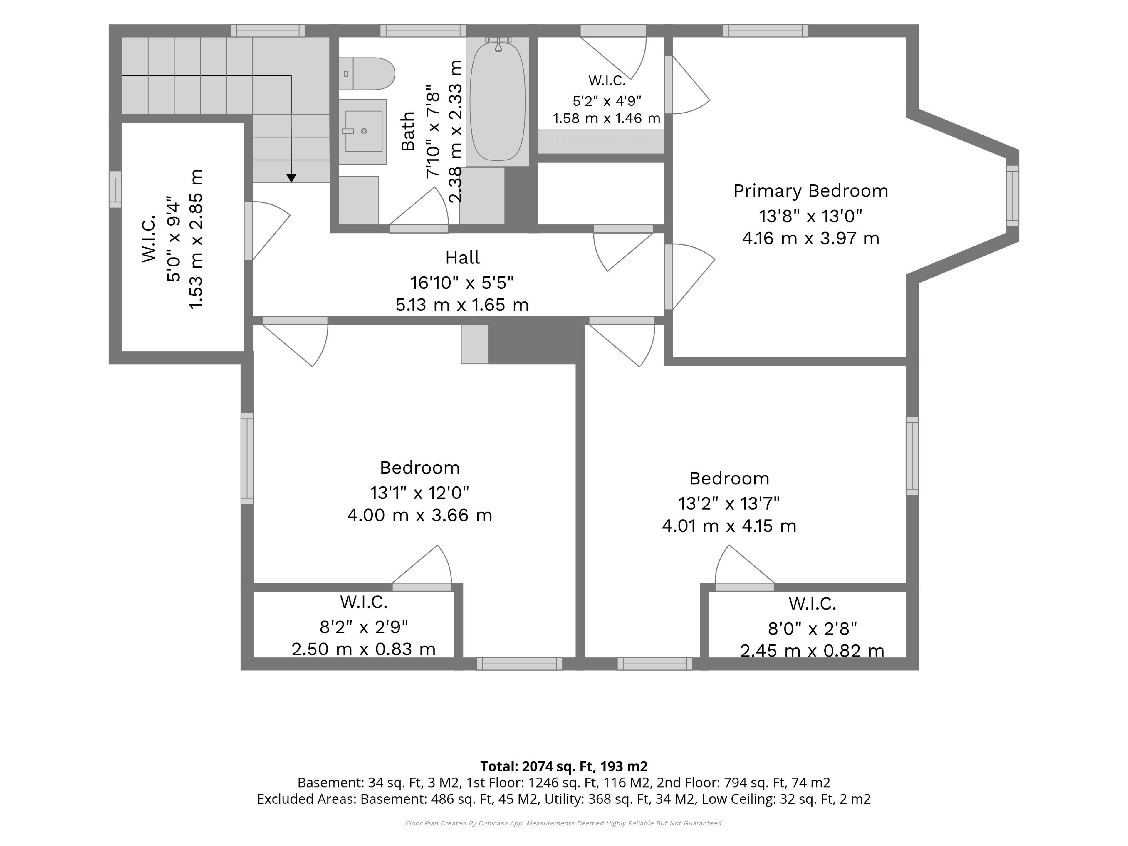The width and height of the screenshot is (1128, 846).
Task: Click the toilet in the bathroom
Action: pos(367,74)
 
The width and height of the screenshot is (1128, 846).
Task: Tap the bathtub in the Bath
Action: pos(497,101)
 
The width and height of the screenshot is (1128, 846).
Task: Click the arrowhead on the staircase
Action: pos(291,178)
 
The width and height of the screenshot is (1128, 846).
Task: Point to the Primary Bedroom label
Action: pos(811,191)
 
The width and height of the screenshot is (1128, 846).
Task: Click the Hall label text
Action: pos(463,258)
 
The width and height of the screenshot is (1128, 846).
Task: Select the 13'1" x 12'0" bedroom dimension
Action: pos(420,493)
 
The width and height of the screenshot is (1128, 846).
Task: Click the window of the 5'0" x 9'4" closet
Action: pos(115,189)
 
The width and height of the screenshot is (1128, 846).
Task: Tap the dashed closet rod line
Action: pos(601,142)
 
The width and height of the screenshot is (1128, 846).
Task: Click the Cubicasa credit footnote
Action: pos(564,823)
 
